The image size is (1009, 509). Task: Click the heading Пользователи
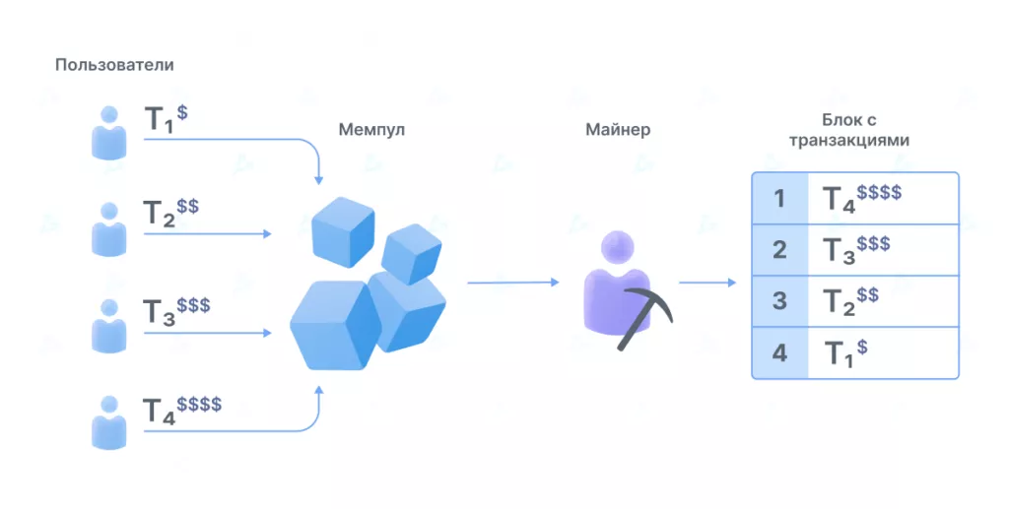tap(114, 65)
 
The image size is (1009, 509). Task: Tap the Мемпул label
tap(371, 129)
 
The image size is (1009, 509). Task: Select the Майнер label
tap(618, 129)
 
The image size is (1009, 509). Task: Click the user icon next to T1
tap(109, 133)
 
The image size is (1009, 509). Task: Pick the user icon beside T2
tap(109, 229)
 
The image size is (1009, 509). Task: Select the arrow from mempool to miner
tap(512, 283)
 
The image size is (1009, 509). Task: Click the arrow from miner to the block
tap(707, 283)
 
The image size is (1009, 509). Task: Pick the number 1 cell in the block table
tap(779, 199)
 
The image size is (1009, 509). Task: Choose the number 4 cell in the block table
tap(779, 352)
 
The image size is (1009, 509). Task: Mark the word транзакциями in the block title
tap(848, 141)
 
